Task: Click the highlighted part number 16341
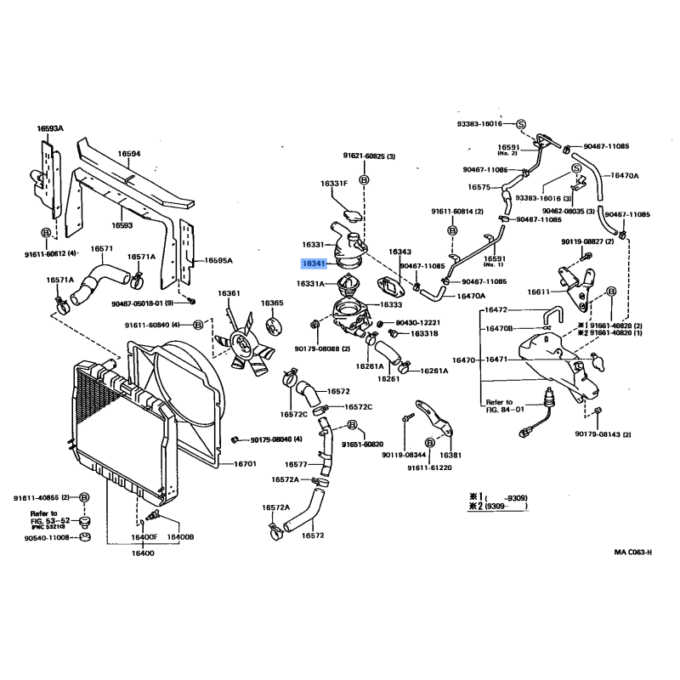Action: (x=314, y=264)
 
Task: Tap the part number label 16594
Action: (x=128, y=154)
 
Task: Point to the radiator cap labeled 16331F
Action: (x=350, y=209)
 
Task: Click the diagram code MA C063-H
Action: (x=633, y=552)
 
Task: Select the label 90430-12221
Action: (x=418, y=323)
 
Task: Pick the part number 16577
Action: (x=296, y=464)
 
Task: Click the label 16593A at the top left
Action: (x=49, y=128)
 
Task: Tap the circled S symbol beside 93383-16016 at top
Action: (x=520, y=124)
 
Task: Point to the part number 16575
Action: (x=479, y=187)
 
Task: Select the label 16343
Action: (x=399, y=252)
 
